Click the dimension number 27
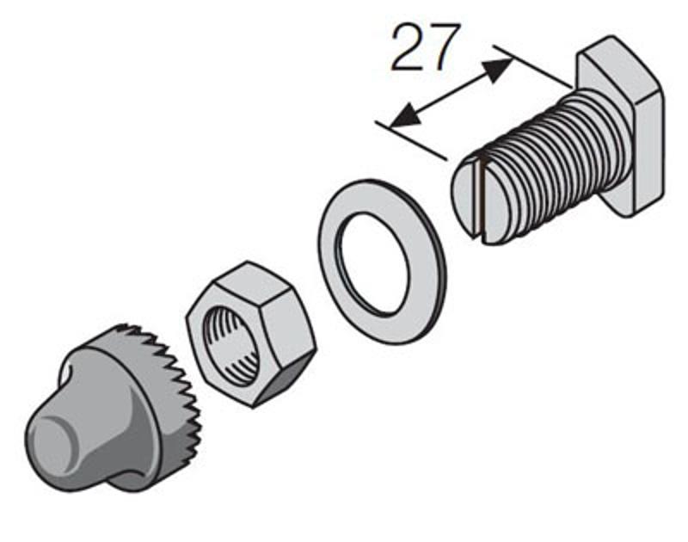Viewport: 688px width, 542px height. pyautogui.click(x=425, y=47)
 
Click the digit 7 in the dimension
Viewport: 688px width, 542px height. pyautogui.click(x=444, y=48)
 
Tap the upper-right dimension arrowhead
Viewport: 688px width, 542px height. pyautogui.click(x=499, y=71)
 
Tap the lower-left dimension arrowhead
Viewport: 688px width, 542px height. pyautogui.click(x=403, y=116)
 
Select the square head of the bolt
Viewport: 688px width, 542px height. pyautogui.click(x=622, y=126)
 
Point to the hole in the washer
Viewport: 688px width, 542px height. pyautogui.click(x=373, y=264)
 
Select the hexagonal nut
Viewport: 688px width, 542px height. pyautogui.click(x=251, y=335)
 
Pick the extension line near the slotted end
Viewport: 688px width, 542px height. pyautogui.click(x=411, y=140)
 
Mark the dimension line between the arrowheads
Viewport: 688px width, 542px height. pyautogui.click(x=451, y=94)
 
